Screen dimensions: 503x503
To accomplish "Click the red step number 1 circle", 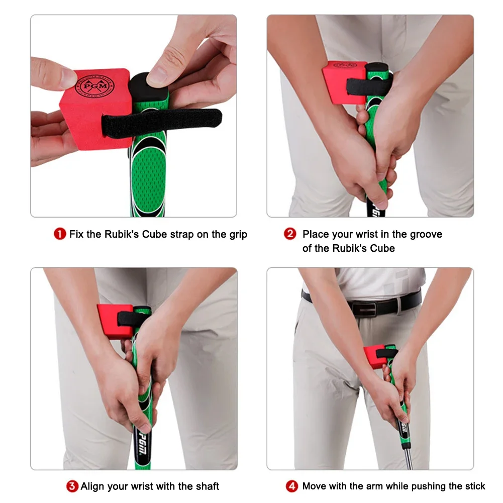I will tap(60, 234).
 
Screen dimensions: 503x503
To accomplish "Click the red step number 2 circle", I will tap(290, 234).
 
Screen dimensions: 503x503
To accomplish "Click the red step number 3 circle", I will tap(72, 486).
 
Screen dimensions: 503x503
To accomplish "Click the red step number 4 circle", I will tap(292, 486).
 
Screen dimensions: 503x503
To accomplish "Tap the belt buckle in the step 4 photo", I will tap(364, 307).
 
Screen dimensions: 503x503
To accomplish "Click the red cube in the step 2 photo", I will tap(343, 82).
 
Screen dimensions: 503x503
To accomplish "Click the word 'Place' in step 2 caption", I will tap(316, 234).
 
